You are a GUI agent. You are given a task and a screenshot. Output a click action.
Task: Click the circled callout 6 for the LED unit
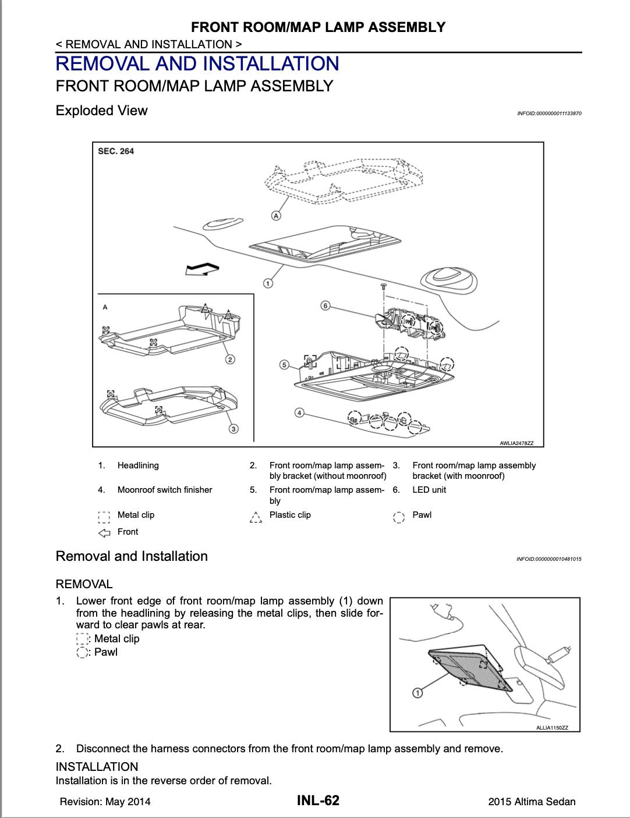tap(325, 305)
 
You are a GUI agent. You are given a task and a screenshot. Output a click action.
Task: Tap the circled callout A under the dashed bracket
tap(276, 216)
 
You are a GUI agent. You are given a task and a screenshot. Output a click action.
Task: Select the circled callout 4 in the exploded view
tap(299, 412)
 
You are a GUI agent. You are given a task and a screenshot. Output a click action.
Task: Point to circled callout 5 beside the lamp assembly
tap(284, 365)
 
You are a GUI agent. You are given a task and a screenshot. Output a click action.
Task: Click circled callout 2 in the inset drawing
tap(231, 359)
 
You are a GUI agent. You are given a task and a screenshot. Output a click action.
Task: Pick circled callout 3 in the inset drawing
tap(233, 429)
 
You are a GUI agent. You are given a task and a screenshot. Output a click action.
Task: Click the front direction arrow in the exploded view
tap(201, 269)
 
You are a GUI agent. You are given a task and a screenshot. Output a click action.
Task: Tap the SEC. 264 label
tap(116, 151)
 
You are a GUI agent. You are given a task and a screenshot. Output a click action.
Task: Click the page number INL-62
tap(318, 801)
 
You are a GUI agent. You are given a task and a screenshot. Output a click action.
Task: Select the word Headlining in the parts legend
tap(138, 465)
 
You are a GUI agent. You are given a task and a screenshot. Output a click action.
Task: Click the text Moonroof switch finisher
tap(165, 490)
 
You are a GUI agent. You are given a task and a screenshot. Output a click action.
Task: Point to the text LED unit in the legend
tap(429, 490)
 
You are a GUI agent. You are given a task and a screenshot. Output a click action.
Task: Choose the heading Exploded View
tap(101, 111)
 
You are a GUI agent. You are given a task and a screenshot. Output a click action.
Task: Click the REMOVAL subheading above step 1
tap(84, 584)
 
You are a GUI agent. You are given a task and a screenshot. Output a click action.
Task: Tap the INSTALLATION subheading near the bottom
tap(97, 767)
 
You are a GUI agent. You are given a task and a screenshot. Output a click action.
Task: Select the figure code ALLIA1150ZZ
tap(552, 728)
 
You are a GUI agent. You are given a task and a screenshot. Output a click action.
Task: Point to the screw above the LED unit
tap(384, 286)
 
